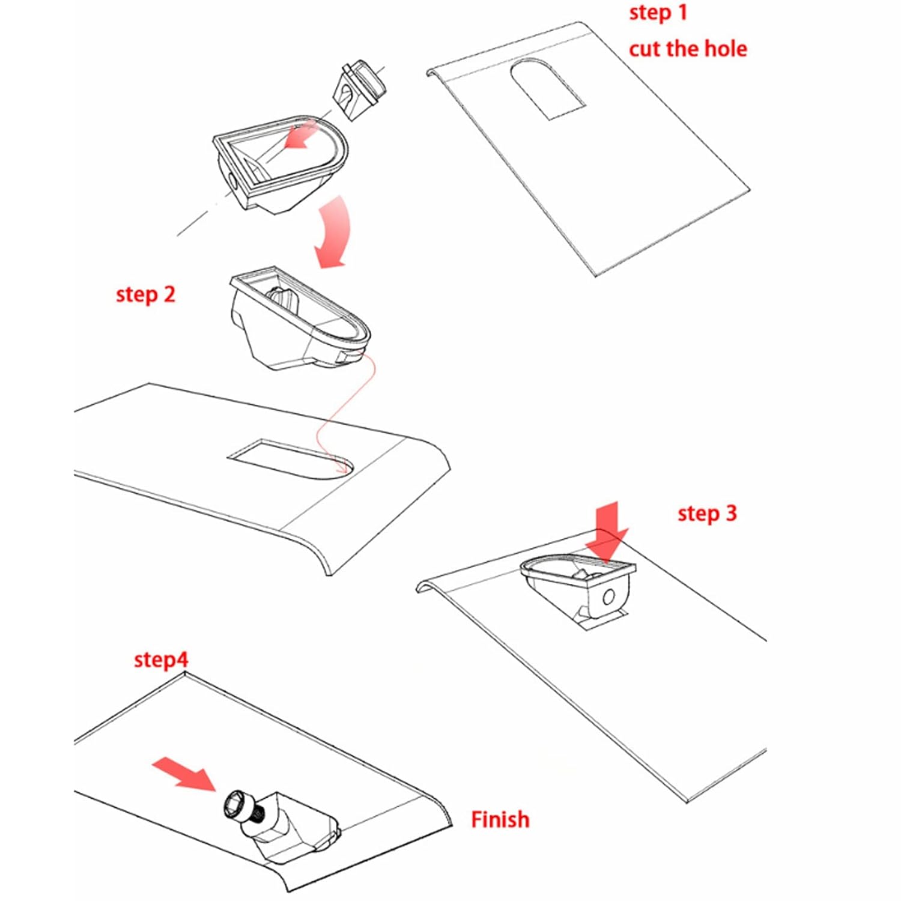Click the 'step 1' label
[658, 13]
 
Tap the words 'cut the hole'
[688, 49]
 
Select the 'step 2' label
[145, 294]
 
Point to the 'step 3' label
[707, 514]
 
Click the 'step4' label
[161, 660]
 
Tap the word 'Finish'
[500, 819]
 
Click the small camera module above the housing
[359, 90]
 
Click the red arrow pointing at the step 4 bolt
[184, 774]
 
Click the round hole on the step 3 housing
[608, 596]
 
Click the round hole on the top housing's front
[231, 179]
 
